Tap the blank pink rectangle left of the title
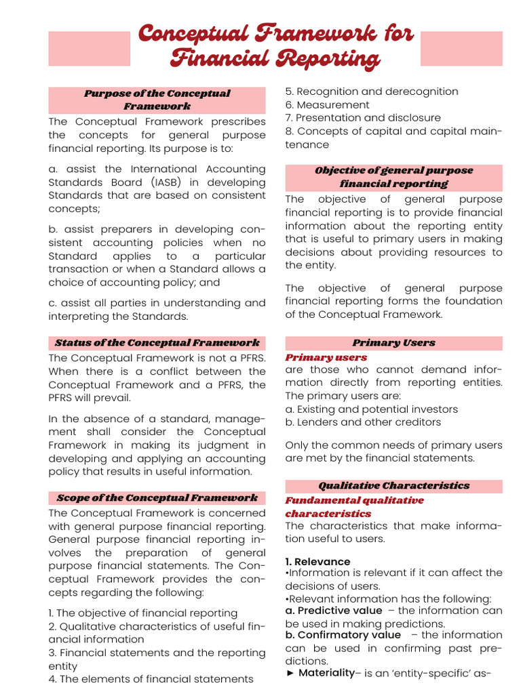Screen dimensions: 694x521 (89, 49)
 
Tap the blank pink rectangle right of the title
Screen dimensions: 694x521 (461, 49)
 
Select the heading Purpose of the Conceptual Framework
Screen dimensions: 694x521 (157, 100)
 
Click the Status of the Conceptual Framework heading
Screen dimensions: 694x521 (157, 343)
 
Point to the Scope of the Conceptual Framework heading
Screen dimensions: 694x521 (157, 498)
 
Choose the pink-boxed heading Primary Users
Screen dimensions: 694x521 (393, 343)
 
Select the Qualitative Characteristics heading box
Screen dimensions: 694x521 (393, 486)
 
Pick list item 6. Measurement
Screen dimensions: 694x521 (328, 105)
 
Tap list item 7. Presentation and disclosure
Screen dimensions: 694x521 (363, 118)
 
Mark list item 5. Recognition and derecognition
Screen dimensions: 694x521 (372, 91)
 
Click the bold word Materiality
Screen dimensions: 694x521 (326, 673)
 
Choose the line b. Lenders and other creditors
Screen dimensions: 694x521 (363, 422)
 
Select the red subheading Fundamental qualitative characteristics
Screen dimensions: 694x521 (354, 507)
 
